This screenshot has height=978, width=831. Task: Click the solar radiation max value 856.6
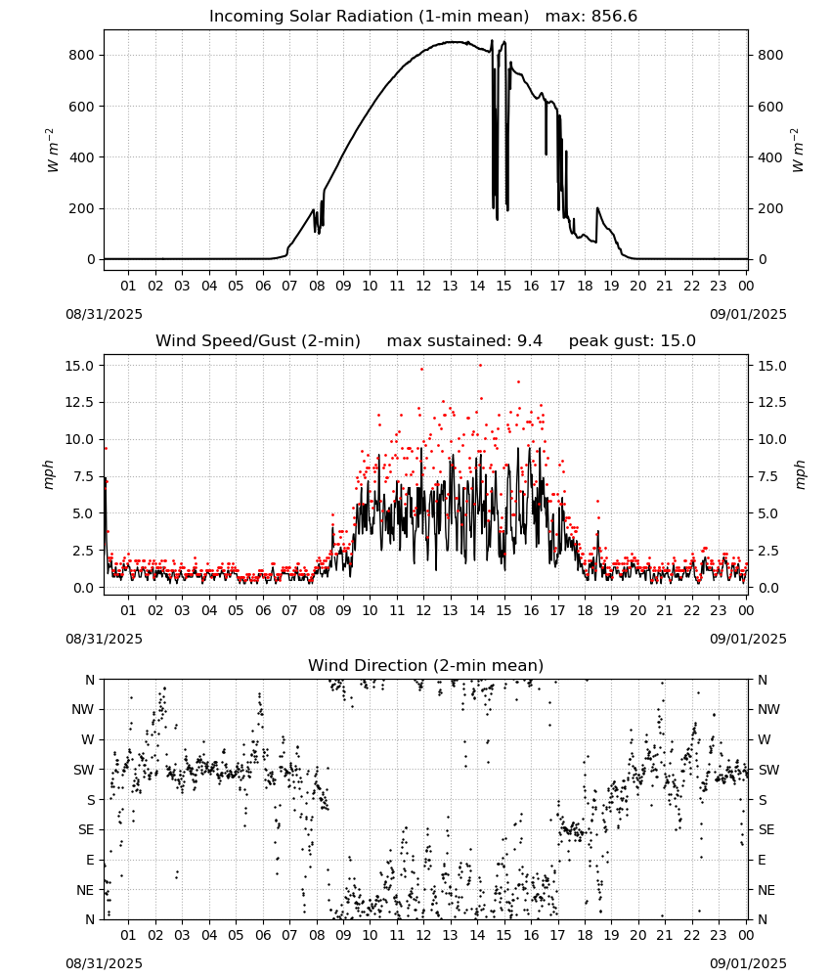[x=614, y=16]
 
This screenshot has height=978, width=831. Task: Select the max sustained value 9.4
[x=530, y=340]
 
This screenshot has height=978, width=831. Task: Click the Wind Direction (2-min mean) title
[x=426, y=665]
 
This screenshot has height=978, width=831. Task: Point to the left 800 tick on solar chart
[x=82, y=55]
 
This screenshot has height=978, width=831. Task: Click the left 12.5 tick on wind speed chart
[x=80, y=402]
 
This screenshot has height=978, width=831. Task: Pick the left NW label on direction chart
[x=83, y=709]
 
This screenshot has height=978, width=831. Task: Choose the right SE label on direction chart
[x=766, y=829]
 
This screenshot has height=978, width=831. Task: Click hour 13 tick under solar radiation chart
[x=450, y=286]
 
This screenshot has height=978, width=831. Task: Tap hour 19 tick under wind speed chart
[x=611, y=610]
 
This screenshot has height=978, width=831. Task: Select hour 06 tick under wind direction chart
[x=262, y=935]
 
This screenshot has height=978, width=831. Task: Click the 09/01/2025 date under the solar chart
[x=748, y=314]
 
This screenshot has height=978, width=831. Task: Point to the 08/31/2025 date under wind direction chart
[x=104, y=963]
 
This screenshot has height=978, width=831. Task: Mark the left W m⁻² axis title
[x=53, y=151]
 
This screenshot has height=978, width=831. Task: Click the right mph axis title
[x=801, y=474]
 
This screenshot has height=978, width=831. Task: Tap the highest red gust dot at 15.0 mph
[x=480, y=366]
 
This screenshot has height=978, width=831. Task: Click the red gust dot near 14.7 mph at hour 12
[x=422, y=370]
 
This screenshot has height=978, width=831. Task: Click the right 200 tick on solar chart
[x=770, y=208]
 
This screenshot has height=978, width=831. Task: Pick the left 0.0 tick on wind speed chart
[x=83, y=588]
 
